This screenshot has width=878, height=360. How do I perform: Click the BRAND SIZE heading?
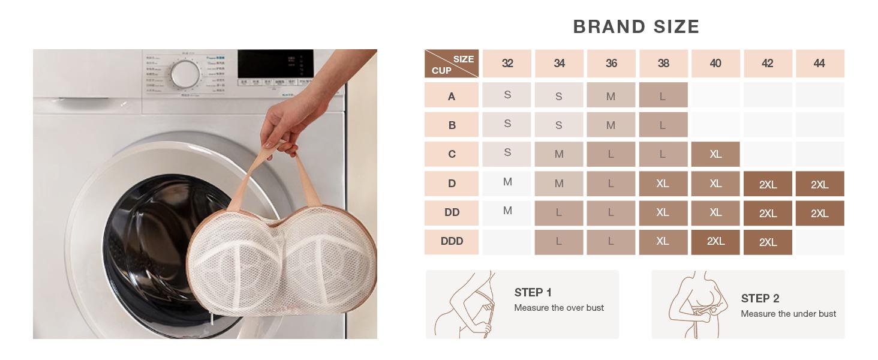[x=636, y=27]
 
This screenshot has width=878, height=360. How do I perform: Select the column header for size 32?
[x=507, y=64]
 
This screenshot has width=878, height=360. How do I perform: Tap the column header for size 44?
[x=820, y=64]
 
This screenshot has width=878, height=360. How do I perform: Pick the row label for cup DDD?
[x=452, y=242]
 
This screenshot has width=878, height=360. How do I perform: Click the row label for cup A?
[x=452, y=96]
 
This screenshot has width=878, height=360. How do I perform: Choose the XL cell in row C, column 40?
[x=715, y=154]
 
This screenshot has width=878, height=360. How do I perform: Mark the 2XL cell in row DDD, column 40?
[x=715, y=242]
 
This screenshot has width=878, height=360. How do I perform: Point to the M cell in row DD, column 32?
[x=507, y=212]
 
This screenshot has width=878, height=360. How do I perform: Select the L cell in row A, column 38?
[x=663, y=96]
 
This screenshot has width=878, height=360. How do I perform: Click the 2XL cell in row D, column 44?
[x=820, y=184]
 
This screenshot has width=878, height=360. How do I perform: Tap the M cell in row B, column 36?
[x=611, y=125]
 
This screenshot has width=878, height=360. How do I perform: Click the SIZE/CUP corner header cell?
[x=452, y=64]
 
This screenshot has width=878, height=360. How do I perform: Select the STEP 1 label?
[x=533, y=293]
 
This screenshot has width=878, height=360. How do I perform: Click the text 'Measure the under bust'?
[x=788, y=314]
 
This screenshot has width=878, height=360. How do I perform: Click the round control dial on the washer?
[x=185, y=74]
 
